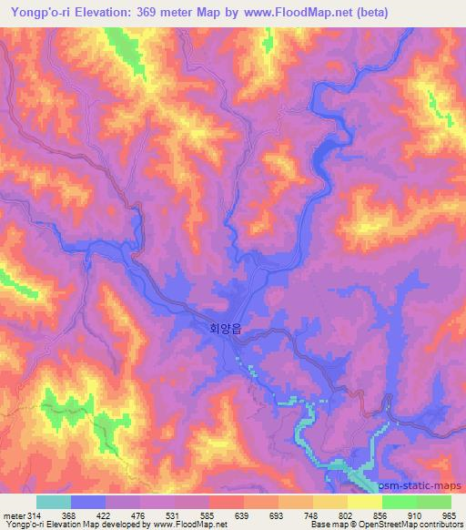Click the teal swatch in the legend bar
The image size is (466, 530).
[x=53, y=502]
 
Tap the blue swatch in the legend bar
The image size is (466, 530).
[x=87, y=502]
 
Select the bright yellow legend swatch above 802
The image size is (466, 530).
[x=364, y=502]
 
